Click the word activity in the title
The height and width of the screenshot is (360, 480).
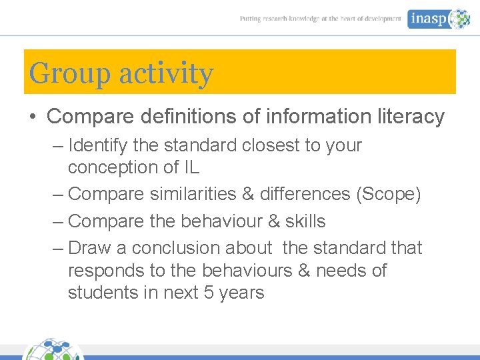pyautogui.click(x=165, y=73)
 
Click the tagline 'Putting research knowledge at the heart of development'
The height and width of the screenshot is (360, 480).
pyautogui.click(x=321, y=19)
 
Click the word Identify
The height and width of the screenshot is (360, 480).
pyautogui.click(x=98, y=145)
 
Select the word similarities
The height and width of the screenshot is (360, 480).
pyautogui.click(x=192, y=194)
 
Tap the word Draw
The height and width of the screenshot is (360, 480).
pyautogui.click(x=89, y=248)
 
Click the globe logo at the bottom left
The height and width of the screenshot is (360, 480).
pyautogui.click(x=53, y=350)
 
